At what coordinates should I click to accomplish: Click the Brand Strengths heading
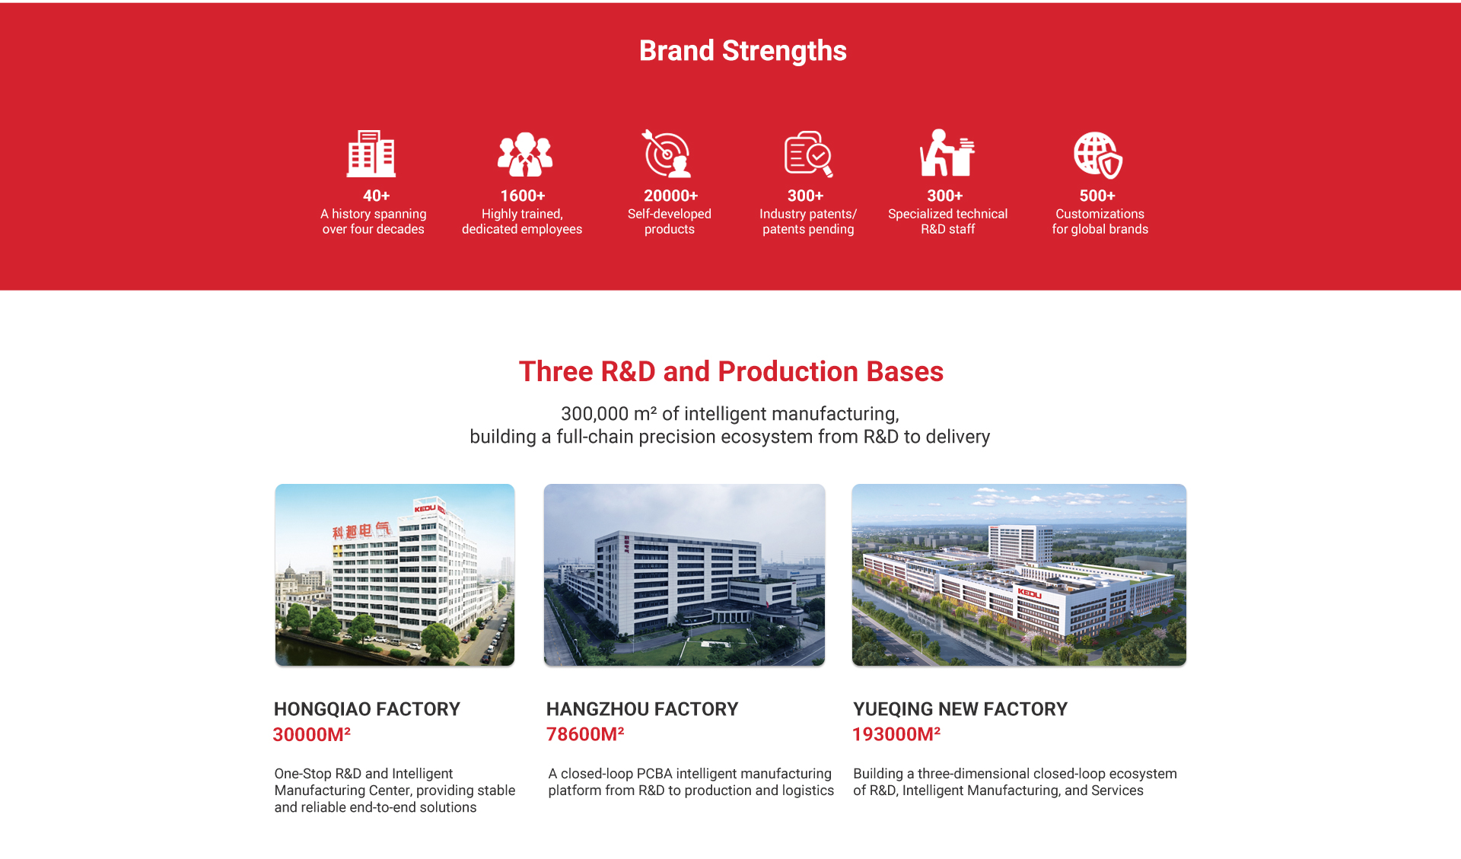tap(743, 51)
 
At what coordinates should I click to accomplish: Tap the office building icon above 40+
tap(371, 153)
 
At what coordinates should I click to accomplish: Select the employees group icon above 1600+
tap(524, 154)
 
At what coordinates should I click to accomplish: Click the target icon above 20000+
tap(666, 153)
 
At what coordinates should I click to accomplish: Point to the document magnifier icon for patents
tap(809, 154)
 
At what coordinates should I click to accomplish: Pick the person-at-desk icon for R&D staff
tap(947, 153)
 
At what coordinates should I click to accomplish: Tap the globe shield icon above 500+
tap(1098, 154)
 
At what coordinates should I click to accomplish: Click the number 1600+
tap(523, 196)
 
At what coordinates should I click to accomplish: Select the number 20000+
tap(670, 196)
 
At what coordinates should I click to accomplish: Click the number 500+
tap(1097, 196)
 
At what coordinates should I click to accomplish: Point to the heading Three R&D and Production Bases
tap(731, 371)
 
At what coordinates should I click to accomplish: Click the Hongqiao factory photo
tap(395, 574)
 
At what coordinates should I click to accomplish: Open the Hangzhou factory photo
tap(684, 574)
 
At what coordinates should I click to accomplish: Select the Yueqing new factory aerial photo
tap(1019, 574)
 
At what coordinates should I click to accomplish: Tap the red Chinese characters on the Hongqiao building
tap(361, 530)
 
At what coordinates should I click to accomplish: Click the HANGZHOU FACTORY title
tap(642, 709)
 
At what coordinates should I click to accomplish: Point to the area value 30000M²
tap(311, 734)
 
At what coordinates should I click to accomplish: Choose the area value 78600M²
tap(585, 734)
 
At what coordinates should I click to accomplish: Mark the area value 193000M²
tap(896, 734)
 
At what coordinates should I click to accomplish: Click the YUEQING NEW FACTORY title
tap(960, 709)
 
